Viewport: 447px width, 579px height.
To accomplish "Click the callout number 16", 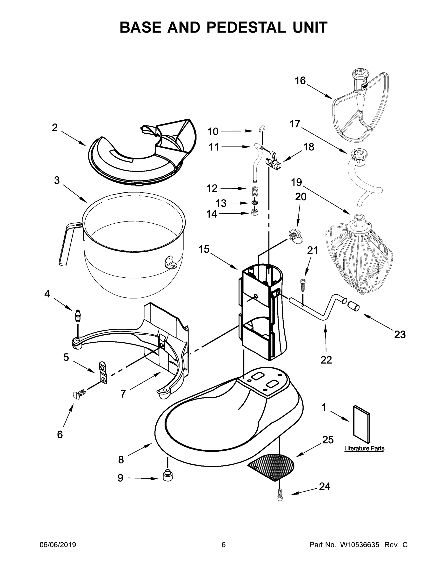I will pyautogui.click(x=300, y=81).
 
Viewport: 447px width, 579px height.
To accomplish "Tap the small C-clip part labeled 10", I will pyautogui.click(x=262, y=129).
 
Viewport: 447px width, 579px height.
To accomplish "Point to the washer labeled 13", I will pyautogui.click(x=254, y=203).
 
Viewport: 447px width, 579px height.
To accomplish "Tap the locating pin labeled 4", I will pyautogui.click(x=78, y=315).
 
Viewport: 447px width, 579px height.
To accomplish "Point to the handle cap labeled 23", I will pyautogui.click(x=353, y=306).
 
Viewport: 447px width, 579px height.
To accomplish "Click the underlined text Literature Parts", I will pyautogui.click(x=364, y=448).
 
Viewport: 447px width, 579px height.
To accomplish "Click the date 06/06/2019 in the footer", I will pyautogui.click(x=58, y=545).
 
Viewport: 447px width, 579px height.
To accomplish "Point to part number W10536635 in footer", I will pyautogui.click(x=360, y=545).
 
